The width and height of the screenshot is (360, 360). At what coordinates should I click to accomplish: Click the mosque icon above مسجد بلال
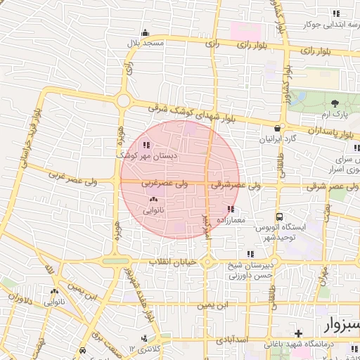coord(146,32)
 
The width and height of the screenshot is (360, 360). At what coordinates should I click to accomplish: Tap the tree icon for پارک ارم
coord(334,104)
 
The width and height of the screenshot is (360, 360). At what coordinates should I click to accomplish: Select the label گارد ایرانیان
coord(279,139)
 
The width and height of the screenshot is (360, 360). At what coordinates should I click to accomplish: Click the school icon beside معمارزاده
coord(231,209)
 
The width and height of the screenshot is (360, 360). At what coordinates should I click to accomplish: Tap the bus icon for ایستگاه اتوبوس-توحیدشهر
coord(280,217)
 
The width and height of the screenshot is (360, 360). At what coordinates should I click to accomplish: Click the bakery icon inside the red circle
coord(153,200)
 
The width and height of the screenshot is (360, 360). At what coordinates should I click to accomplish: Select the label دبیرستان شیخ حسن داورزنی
coord(250,271)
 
